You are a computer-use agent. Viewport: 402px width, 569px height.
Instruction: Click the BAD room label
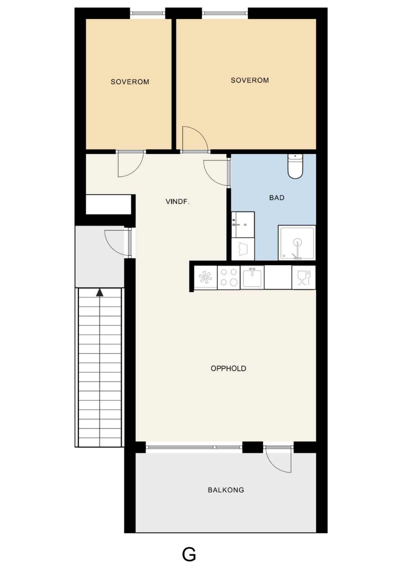coord(276,198)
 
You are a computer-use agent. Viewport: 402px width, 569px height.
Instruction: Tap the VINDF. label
coord(178,202)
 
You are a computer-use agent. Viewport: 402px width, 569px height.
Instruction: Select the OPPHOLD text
coord(228,368)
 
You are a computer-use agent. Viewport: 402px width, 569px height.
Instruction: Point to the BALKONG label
coord(226,490)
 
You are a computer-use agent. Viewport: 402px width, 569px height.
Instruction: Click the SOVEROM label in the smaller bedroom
coord(130,82)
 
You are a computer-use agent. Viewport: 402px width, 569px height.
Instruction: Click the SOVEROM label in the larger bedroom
coord(249,80)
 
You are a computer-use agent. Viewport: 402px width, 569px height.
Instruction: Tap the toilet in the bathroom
coord(295,166)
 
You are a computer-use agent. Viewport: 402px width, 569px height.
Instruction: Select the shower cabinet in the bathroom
coord(297,243)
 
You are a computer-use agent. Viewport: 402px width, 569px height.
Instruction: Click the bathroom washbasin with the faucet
coord(243,224)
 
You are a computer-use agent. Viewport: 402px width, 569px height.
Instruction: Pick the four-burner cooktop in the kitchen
coord(229,277)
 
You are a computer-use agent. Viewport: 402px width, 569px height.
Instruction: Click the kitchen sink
coord(252,277)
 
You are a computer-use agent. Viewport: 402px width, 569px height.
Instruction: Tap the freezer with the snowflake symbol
coord(206,277)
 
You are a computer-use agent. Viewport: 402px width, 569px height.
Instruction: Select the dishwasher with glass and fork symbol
coord(304,277)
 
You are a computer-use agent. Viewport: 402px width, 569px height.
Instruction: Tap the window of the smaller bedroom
coord(147,13)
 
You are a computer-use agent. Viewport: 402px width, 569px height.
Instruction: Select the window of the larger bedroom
coord(225,13)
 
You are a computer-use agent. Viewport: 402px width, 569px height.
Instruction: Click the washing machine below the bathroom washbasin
coord(243,249)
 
